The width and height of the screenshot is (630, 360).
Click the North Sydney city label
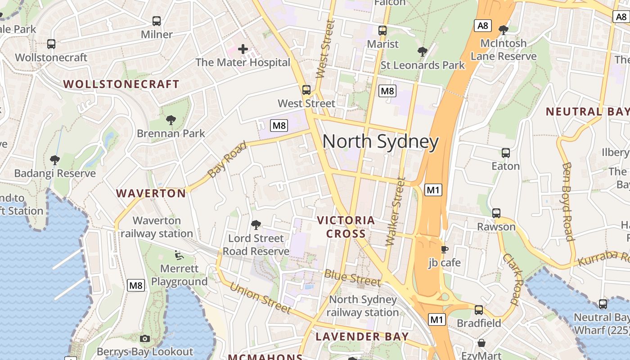click(380, 142)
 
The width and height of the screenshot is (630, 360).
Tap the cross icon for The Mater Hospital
click(243, 49)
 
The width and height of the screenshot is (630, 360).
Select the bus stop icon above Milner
click(157, 21)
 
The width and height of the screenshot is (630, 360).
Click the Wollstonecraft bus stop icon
click(51, 44)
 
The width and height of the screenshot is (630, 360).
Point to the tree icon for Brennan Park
click(171, 120)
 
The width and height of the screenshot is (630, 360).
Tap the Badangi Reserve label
click(55, 173)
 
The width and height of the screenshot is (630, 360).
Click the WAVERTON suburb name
click(151, 193)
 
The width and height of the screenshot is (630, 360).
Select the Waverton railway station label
click(157, 227)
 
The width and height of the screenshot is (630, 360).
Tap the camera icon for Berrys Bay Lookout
click(145, 338)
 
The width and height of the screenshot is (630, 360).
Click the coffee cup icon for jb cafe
click(444, 249)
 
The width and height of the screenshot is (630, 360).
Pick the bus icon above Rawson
click(496, 213)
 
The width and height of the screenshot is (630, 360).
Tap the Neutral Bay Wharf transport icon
click(603, 304)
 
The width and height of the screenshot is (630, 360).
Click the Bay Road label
click(227, 159)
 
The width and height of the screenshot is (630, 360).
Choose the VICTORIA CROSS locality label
click(346, 227)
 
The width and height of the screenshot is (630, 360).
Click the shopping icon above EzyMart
click(481, 343)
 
